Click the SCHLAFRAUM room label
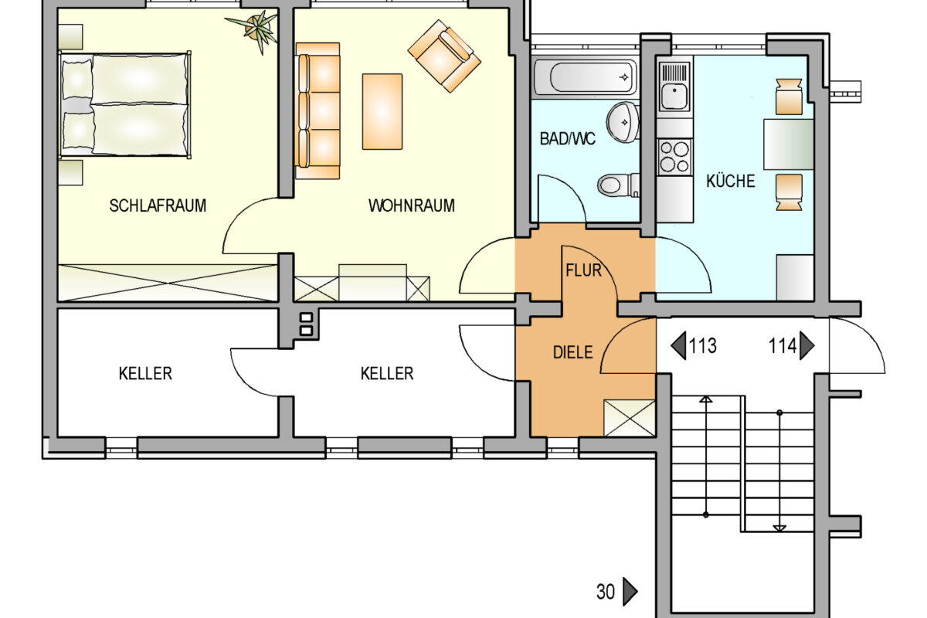click(158, 205)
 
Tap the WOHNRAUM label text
click(411, 205)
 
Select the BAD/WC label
click(567, 139)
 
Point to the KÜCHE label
click(731, 181)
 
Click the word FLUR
click(583, 270)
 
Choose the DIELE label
click(572, 352)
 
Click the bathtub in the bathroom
click(586, 77)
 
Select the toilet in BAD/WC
click(618, 185)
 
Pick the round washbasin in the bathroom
click(623, 122)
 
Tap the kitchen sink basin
click(674, 97)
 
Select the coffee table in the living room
click(382, 111)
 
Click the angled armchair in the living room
click(444, 56)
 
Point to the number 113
click(702, 345)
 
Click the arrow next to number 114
click(806, 345)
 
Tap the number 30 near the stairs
click(606, 592)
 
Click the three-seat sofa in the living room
click(317, 111)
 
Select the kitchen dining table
click(789, 144)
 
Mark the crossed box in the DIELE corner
click(629, 418)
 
